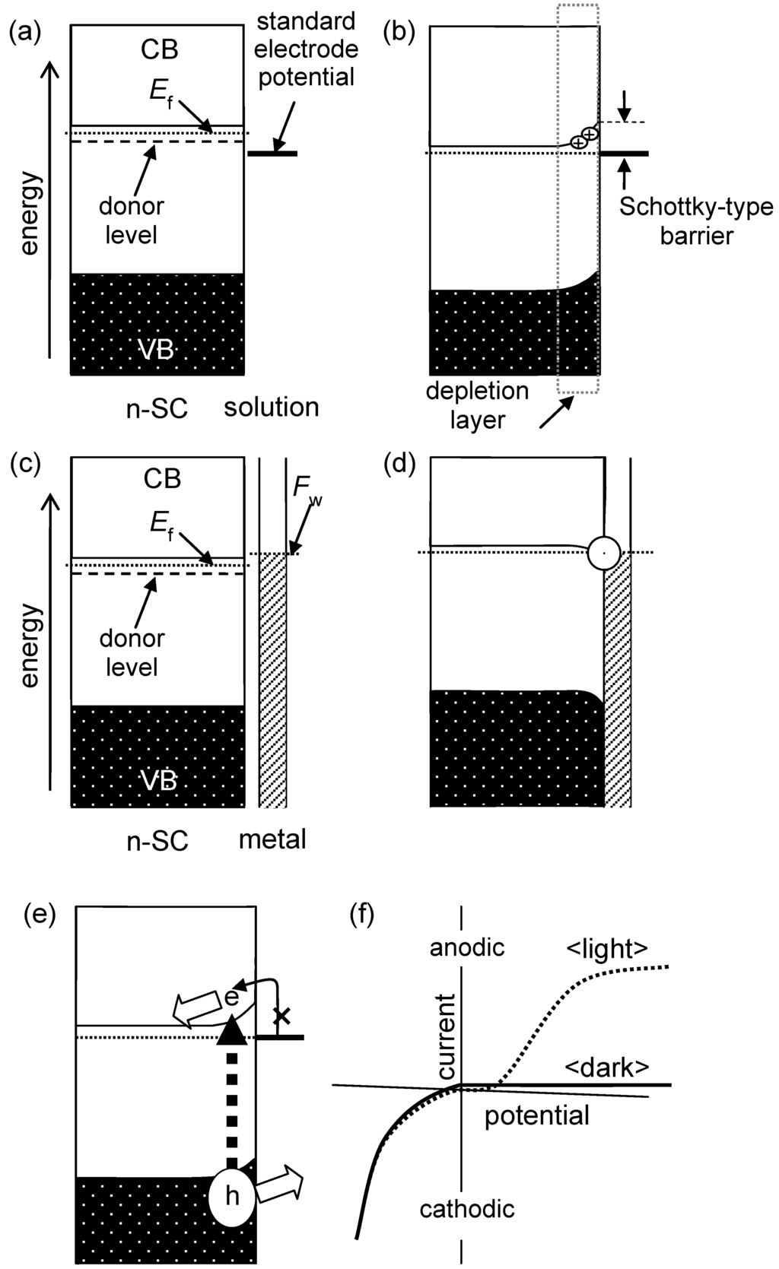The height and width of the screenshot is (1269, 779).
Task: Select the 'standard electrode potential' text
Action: tap(306, 49)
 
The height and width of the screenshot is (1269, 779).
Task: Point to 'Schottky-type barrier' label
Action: tap(695, 220)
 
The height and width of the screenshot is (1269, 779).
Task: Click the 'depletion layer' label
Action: tap(476, 405)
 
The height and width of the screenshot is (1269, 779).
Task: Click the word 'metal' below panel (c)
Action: tap(272, 839)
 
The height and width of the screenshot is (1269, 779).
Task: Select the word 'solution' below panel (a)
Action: tap(271, 407)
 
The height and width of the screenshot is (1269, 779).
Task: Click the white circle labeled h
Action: tap(233, 1196)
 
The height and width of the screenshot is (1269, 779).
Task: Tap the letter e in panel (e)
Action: tap(233, 998)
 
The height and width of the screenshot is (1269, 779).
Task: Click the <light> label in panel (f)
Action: tap(606, 948)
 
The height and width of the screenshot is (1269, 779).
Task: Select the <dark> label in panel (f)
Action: tap(606, 1068)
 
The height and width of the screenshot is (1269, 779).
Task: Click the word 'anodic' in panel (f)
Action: tap(467, 948)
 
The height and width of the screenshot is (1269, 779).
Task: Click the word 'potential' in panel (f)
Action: tap(536, 1115)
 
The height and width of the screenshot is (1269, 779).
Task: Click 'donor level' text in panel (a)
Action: tap(131, 220)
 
